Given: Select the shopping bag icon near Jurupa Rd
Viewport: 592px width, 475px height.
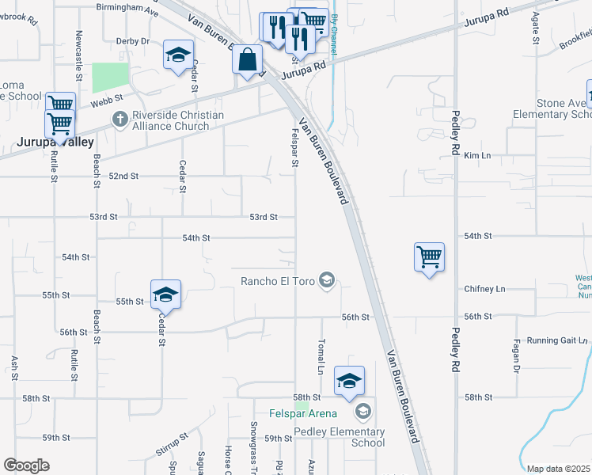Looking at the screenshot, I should coord(248,59).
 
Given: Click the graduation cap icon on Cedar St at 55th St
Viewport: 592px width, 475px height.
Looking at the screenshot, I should coord(165,294).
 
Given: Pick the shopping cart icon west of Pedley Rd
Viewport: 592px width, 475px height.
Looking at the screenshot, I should coord(428,256).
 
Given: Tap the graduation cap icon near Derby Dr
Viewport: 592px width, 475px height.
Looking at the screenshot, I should coord(179,56).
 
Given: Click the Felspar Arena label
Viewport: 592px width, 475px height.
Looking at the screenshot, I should coord(303,413).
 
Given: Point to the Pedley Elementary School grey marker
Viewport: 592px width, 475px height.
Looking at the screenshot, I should coord(363,410).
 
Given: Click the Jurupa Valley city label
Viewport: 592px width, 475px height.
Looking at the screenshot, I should coord(55,142).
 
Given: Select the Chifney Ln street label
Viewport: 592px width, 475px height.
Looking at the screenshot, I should coord(484,289).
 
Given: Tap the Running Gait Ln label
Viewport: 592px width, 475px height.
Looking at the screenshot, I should coord(558,340).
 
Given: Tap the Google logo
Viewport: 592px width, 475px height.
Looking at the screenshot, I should coord(26,465).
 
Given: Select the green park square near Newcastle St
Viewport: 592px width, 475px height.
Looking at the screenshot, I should coord(110,78).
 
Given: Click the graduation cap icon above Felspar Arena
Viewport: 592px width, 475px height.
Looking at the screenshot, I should coord(349,380).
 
